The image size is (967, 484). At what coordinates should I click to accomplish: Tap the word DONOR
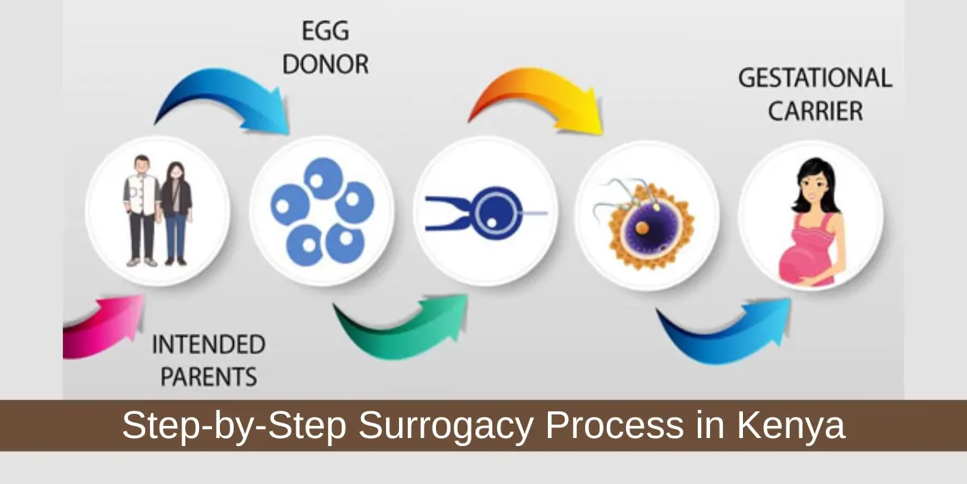325,64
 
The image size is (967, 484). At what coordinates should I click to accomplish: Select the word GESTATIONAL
815,78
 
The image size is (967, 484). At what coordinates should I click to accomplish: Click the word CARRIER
815,111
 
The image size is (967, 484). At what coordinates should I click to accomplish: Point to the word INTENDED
208,344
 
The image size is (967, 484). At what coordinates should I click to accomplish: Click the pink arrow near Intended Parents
101,327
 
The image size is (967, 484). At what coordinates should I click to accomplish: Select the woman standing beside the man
175,211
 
